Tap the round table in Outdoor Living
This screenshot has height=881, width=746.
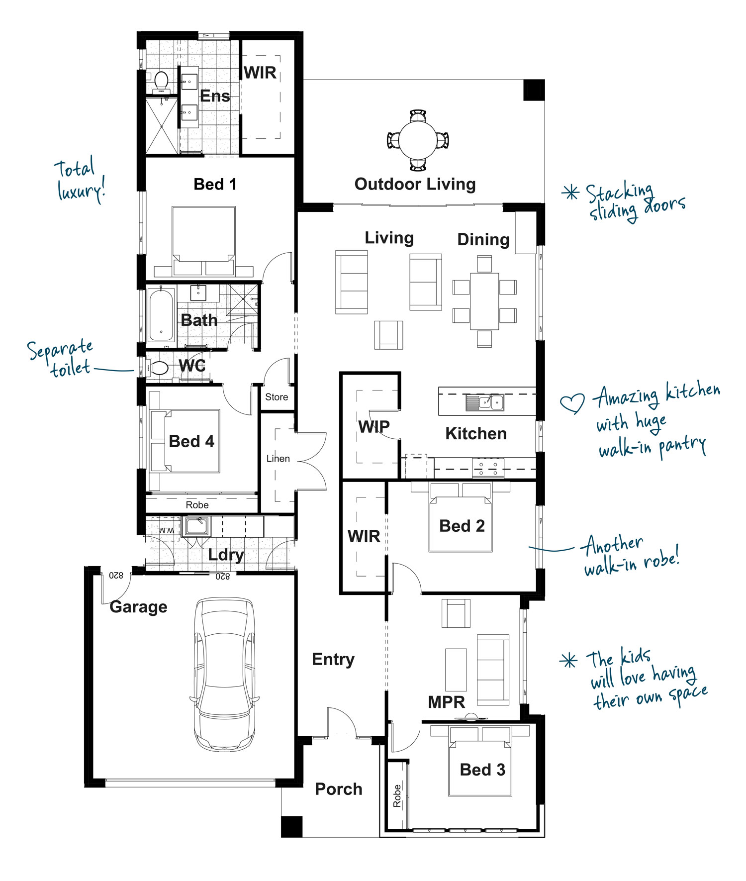418,140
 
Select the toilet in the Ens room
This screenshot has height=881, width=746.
161,82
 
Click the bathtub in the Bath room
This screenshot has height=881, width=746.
161,315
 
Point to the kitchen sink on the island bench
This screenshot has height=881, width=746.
484,402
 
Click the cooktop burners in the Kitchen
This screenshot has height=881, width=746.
488,468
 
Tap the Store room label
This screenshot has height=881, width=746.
277,397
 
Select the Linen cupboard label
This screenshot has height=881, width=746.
278,458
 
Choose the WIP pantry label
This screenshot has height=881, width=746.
374,427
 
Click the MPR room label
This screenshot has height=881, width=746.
447,702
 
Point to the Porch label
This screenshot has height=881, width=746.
339,789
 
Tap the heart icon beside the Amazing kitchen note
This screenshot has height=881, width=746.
572,403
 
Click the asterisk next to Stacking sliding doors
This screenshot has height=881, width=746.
570,193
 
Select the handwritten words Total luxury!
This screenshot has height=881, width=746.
80,180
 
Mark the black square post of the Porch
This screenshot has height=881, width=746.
291,826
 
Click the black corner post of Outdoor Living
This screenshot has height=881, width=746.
534,90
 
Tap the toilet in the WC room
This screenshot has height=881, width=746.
157,368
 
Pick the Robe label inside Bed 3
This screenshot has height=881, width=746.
397,795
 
